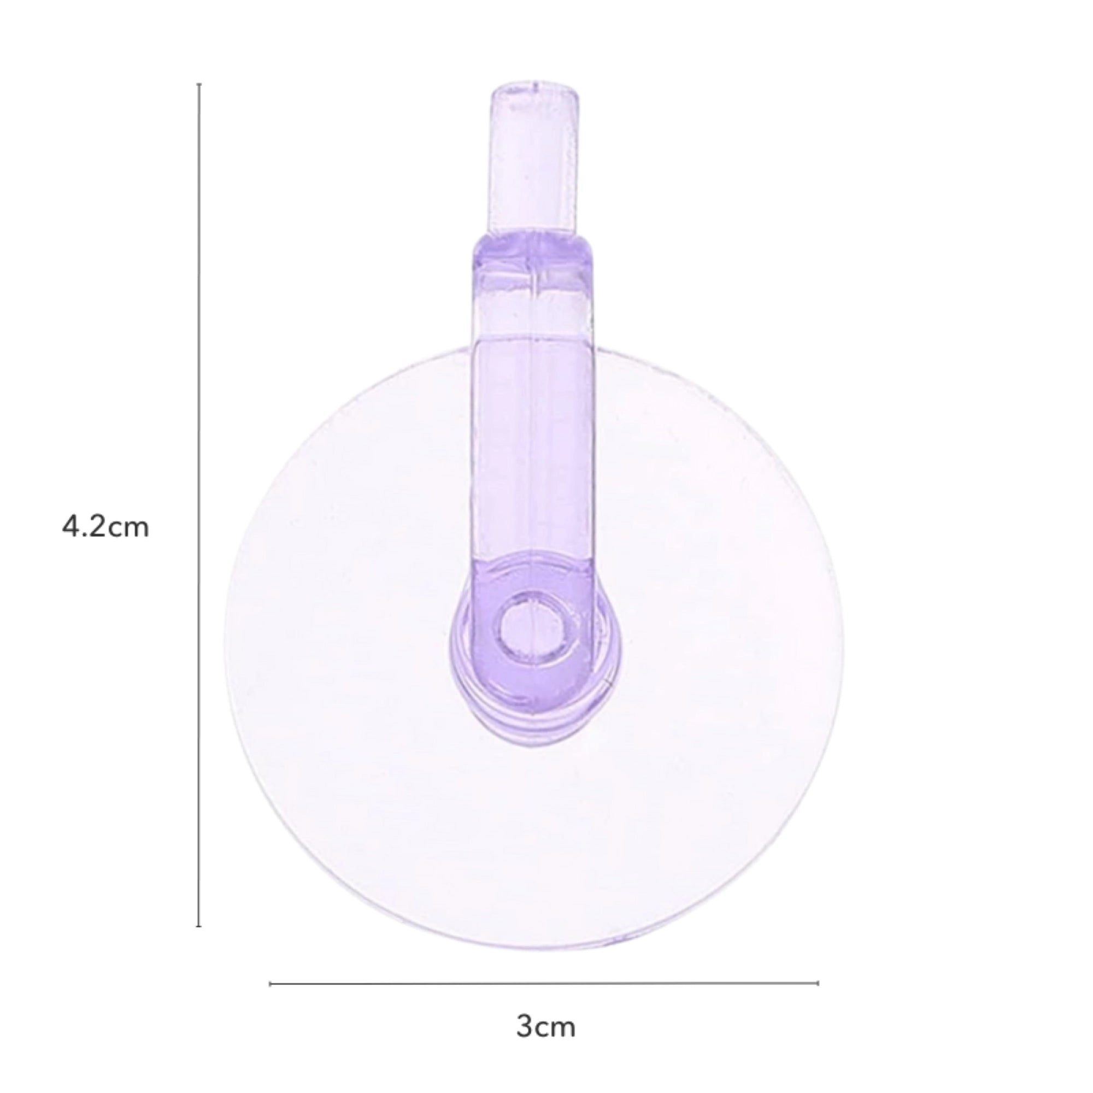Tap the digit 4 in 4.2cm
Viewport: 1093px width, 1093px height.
(70, 528)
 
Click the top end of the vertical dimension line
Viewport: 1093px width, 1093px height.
(198, 84)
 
